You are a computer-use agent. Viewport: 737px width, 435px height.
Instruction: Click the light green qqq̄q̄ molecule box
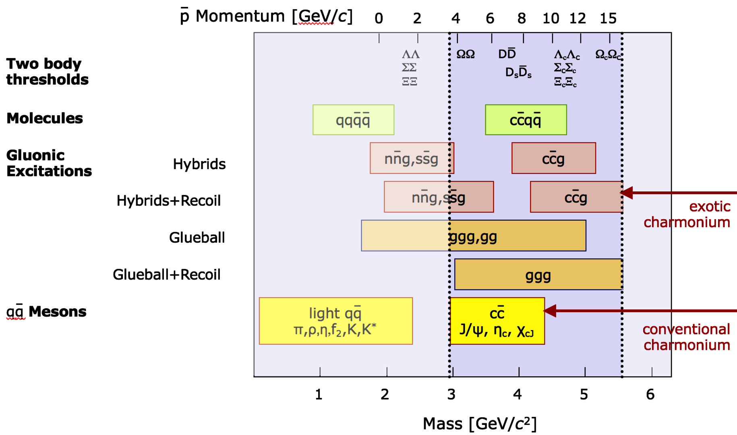[x=353, y=120]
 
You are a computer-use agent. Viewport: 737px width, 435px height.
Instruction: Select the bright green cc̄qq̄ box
[x=526, y=120]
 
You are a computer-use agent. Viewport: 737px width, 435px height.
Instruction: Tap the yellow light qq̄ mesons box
[x=335, y=321]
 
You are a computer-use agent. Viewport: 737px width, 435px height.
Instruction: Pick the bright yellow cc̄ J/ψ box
[x=497, y=321]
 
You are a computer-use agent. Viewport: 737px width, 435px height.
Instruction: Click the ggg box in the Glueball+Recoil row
[x=538, y=275]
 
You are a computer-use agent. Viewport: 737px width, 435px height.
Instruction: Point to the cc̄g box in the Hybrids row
[x=553, y=158]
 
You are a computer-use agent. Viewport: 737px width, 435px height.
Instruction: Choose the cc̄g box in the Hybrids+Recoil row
[x=576, y=197]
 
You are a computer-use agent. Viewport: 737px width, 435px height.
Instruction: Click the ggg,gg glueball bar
[x=473, y=236]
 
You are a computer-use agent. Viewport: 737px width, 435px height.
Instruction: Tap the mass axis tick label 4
[x=518, y=394]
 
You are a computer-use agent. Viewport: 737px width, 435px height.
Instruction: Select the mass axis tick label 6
[x=650, y=394]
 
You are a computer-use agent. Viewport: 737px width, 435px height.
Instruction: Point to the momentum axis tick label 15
[x=608, y=18]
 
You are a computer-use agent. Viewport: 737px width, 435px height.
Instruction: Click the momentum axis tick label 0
[x=379, y=18]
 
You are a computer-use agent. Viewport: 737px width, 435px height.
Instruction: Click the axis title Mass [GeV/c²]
[x=479, y=424]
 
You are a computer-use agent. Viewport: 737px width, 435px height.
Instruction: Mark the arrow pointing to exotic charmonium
[x=681, y=193]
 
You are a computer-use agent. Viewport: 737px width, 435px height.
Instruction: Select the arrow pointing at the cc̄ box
[x=640, y=311]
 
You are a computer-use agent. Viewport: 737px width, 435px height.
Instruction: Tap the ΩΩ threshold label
[x=466, y=54]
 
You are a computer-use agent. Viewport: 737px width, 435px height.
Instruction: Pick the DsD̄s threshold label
[x=518, y=72]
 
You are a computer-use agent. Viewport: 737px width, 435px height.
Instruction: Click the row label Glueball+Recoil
[x=166, y=275]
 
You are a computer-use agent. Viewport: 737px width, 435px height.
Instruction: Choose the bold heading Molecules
[x=45, y=118]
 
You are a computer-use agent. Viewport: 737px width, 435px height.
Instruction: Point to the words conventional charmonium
[x=686, y=337]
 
